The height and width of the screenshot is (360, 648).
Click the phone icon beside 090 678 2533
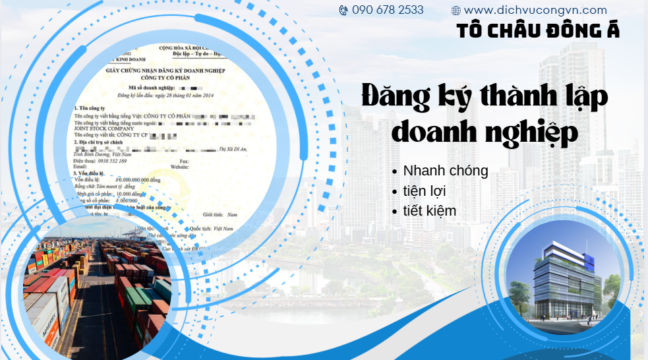(x=343, y=11)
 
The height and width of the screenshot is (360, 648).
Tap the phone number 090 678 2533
(x=388, y=11)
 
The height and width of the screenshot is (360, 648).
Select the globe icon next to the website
(x=456, y=11)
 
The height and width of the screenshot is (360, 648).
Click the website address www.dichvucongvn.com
(x=535, y=11)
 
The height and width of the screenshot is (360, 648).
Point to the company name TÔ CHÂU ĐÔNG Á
(x=538, y=30)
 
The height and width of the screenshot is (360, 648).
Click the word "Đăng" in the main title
(x=395, y=97)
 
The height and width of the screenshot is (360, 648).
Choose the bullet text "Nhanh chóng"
(x=446, y=171)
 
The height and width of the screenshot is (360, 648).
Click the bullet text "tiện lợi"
(x=428, y=191)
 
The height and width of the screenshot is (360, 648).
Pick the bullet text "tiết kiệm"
(x=430, y=211)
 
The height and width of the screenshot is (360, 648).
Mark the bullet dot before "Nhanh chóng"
(x=394, y=171)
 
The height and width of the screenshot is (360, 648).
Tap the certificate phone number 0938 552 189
(x=113, y=161)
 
